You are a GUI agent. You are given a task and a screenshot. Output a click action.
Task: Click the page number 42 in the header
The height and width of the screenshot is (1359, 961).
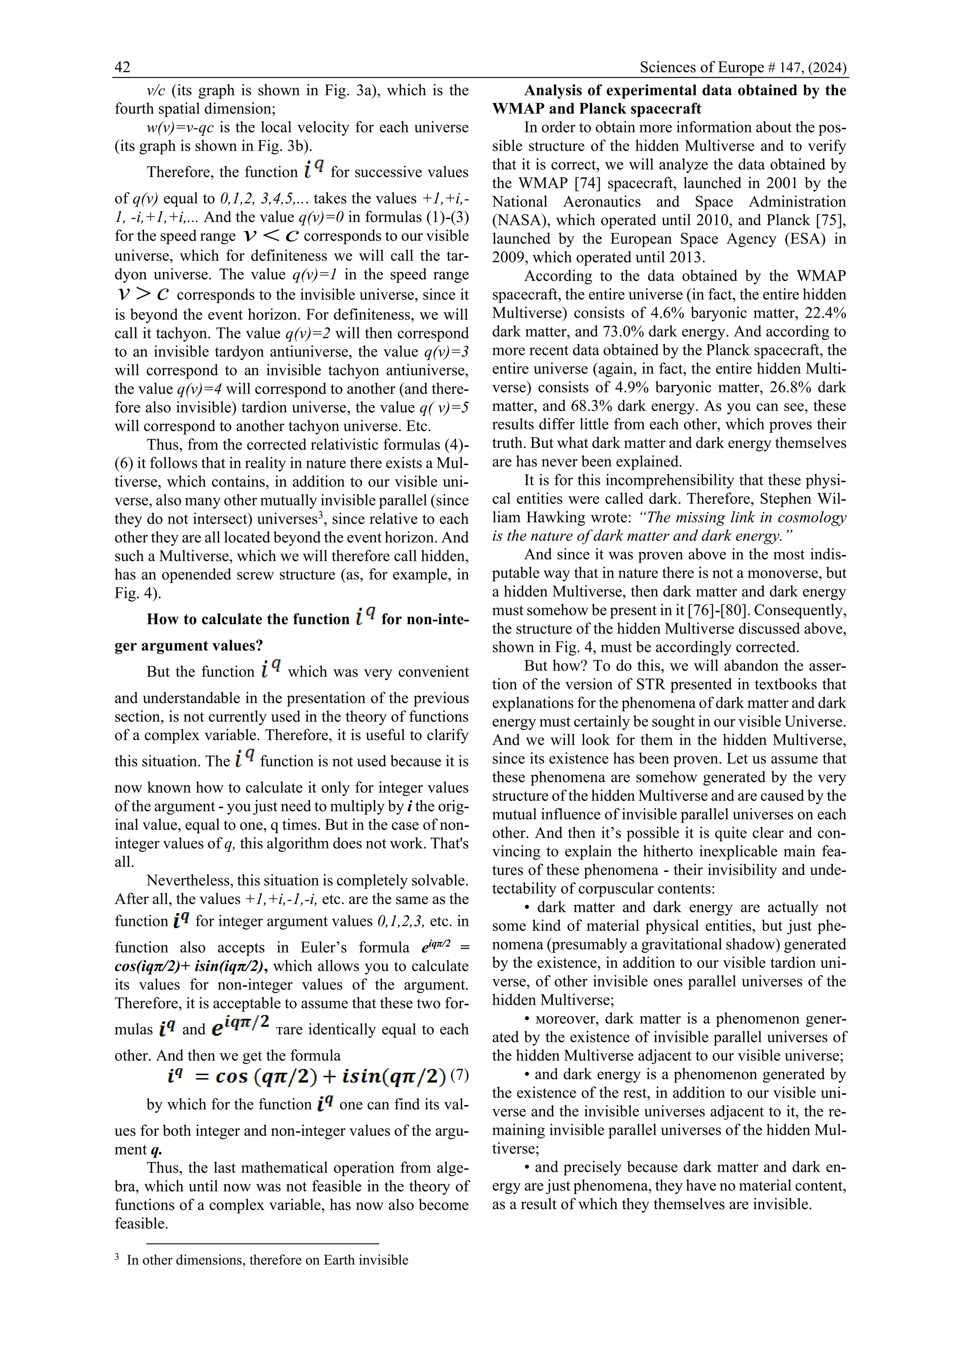click(x=122, y=68)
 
